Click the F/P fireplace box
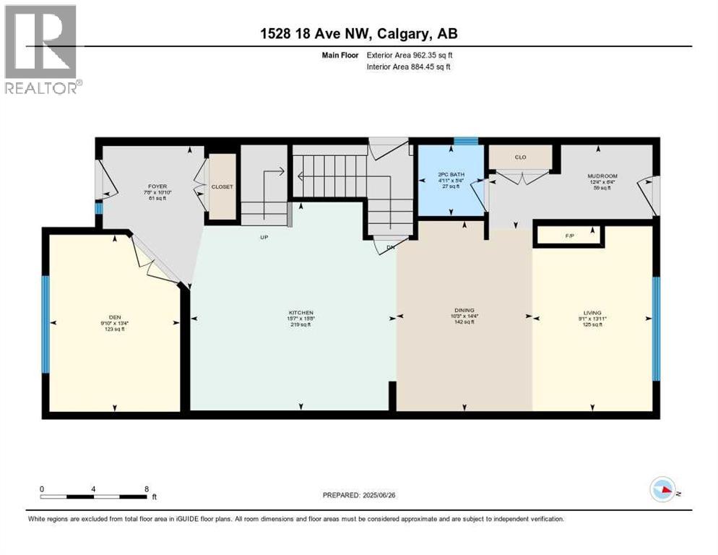568,236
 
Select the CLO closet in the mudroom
520,157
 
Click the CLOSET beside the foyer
222,186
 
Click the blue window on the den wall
45,324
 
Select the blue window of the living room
656,329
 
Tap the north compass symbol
662,490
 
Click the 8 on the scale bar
147,489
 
